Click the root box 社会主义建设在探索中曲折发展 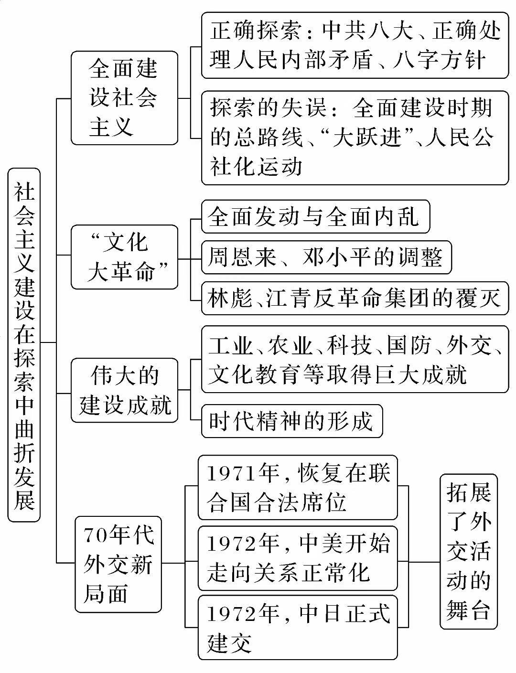(24, 344)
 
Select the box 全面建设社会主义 (124, 98)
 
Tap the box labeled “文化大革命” (124, 257)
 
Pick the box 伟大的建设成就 (124, 390)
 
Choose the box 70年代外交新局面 (118, 564)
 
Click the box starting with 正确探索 (355, 45)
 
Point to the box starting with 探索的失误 (355, 138)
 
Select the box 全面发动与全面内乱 (315, 217)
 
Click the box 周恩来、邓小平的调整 (326, 257)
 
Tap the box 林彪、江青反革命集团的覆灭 (355, 299)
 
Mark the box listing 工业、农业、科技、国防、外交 (355, 359)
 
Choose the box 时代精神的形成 (291, 421)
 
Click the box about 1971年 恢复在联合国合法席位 (298, 488)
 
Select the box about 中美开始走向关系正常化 (298, 558)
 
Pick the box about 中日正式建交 (298, 628)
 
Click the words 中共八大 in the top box (367, 31)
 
